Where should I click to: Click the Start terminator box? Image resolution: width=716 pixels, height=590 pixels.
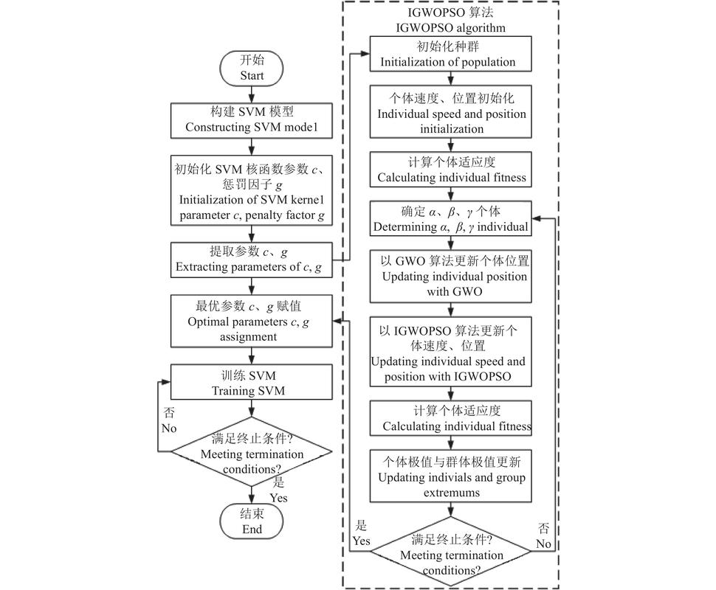(x=252, y=69)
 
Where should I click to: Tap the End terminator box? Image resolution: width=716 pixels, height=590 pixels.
(x=252, y=522)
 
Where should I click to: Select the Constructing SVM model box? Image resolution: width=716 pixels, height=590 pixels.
(x=252, y=119)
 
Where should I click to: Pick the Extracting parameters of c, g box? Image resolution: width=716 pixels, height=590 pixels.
(x=252, y=260)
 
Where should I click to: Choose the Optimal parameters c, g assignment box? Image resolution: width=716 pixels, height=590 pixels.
(x=252, y=320)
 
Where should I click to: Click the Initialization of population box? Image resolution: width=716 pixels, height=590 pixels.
(x=449, y=55)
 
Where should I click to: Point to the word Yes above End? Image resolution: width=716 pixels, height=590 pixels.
(x=278, y=498)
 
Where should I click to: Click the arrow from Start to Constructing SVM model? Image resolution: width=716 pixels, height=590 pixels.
(x=252, y=94)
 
